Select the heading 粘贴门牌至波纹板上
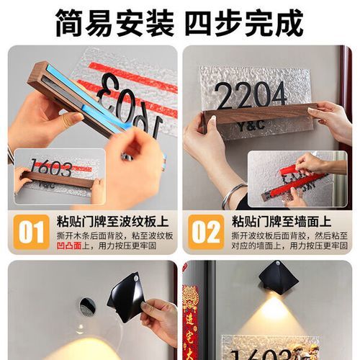click(112, 221)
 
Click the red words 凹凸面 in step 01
click(68, 245)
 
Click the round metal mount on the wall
click(87, 307)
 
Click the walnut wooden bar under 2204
click(259, 113)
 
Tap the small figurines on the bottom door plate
click(308, 351)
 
